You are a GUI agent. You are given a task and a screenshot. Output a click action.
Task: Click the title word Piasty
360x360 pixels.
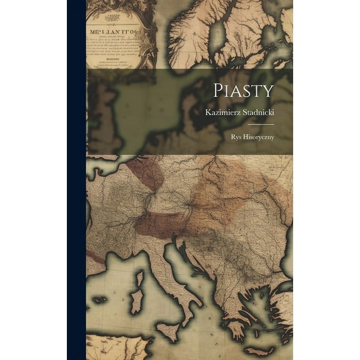tap(243, 89)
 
